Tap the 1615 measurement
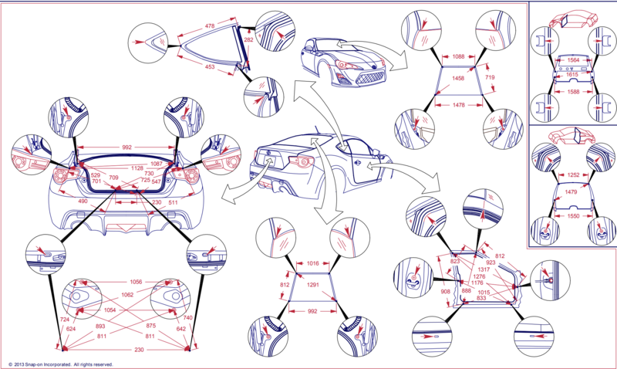click(x=571, y=75)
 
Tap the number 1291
click(x=311, y=285)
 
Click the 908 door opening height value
click(x=446, y=292)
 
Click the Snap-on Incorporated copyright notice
click(x=60, y=364)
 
